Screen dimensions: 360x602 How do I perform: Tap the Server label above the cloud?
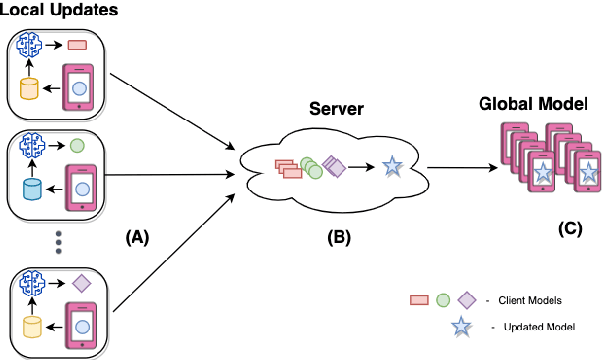(x=336, y=108)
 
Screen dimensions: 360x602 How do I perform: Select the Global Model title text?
(x=532, y=103)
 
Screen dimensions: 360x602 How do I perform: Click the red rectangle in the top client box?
(x=78, y=45)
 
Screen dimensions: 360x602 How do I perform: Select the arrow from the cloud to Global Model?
(x=462, y=169)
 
